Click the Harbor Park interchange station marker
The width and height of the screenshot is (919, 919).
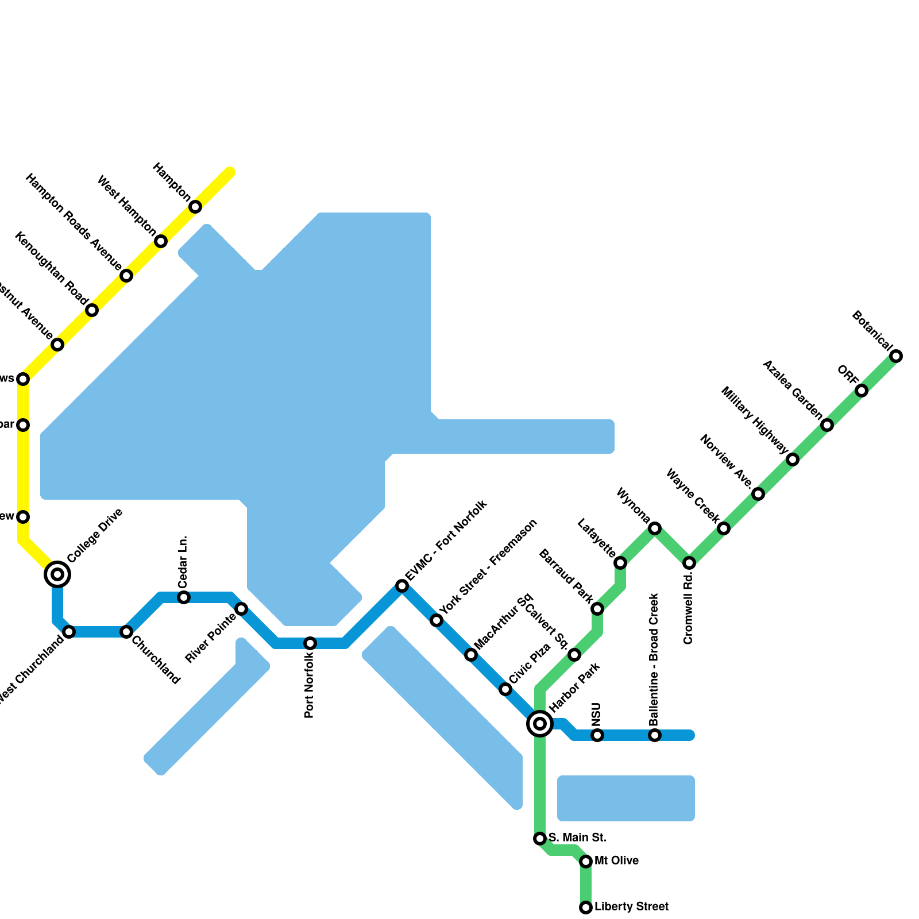coord(540,724)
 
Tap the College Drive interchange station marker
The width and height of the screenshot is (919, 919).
coord(57,574)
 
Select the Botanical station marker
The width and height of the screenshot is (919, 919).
coord(896,356)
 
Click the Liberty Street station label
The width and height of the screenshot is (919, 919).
coord(631,907)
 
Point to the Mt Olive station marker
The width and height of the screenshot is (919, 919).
coord(586,862)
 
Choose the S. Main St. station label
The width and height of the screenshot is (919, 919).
coord(577,837)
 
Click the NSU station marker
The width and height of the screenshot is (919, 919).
coord(597,735)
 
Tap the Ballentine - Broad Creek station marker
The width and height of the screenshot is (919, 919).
coord(655,735)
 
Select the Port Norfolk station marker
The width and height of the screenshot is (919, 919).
coord(310,643)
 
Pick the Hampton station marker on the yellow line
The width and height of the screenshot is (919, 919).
coord(195,207)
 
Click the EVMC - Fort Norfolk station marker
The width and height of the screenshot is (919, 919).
coord(402,586)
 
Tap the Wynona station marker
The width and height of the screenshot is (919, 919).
coord(655,528)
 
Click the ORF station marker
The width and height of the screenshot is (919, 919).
coord(862,391)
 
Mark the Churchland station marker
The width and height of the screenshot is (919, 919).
coord(126,632)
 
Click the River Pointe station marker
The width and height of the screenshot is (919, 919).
coord(241,609)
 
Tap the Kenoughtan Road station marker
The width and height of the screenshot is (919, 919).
coord(92,310)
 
